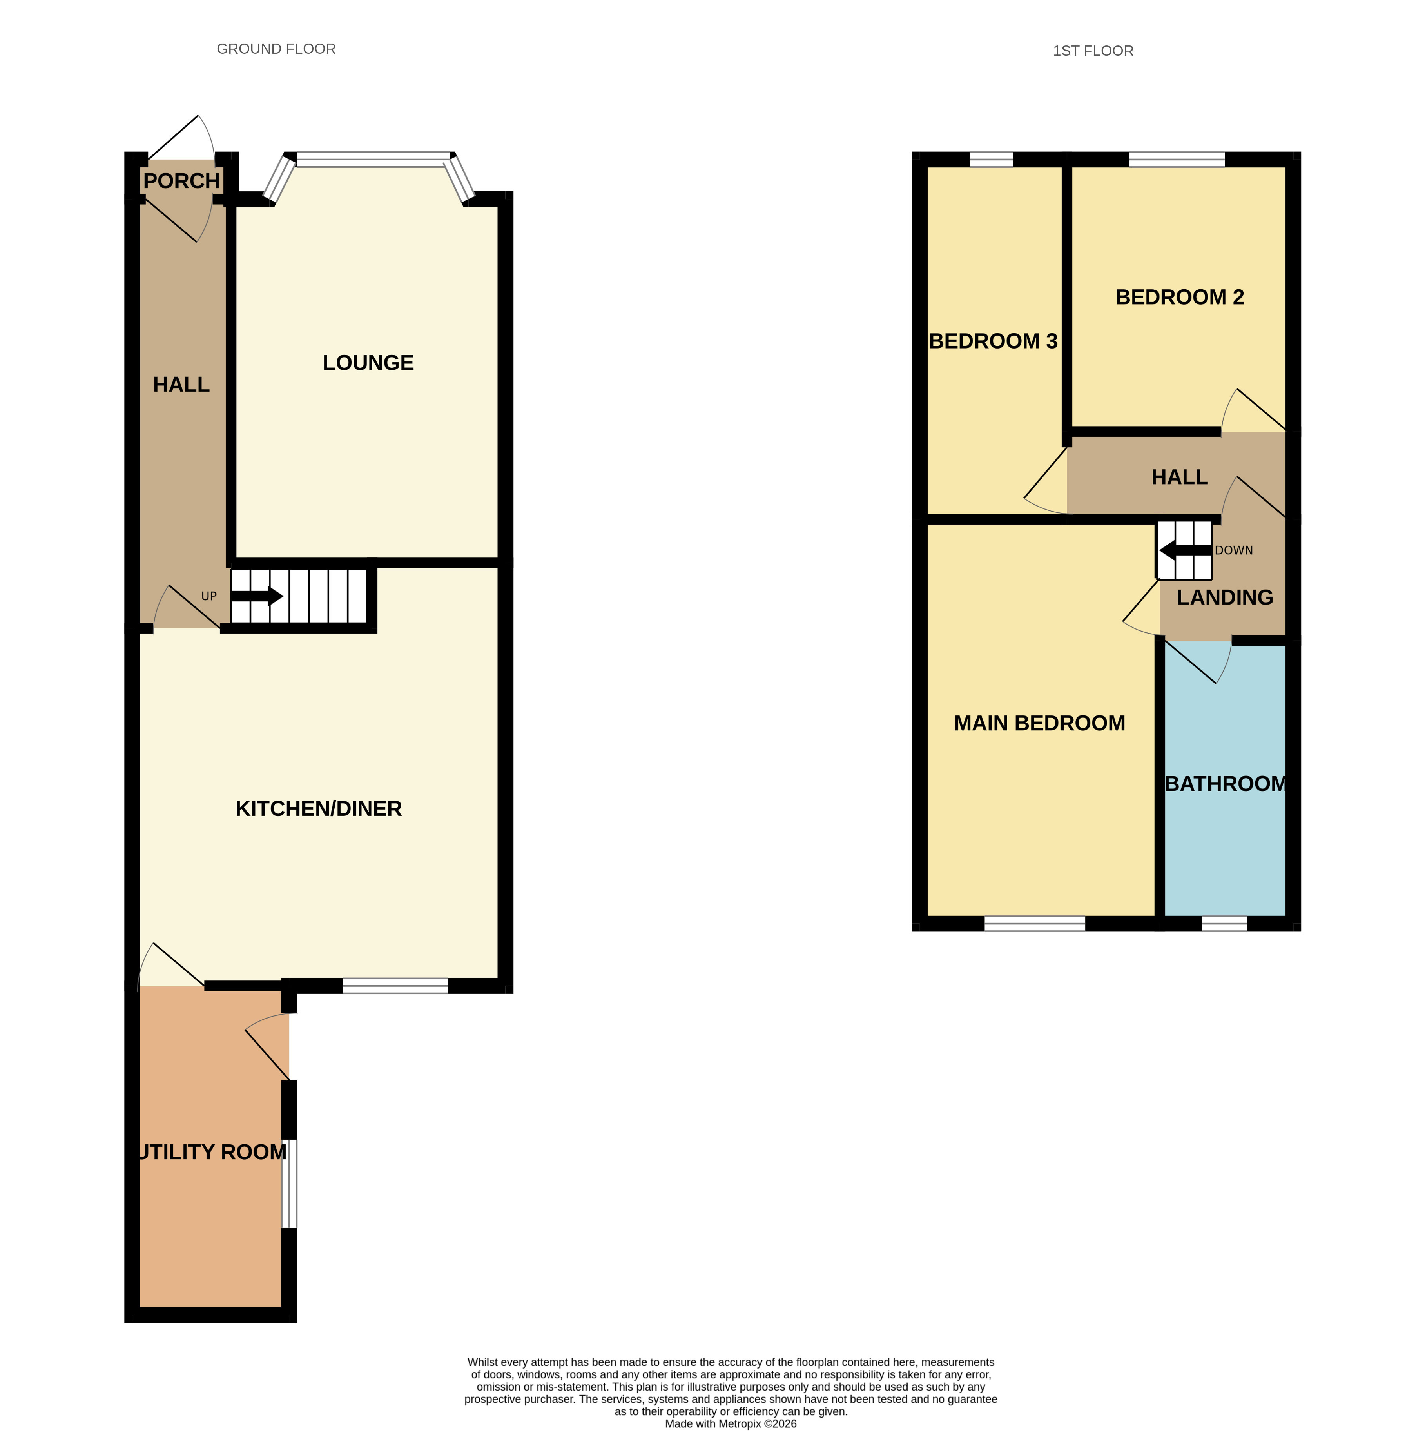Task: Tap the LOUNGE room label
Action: point(368,363)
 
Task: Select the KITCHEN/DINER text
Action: point(319,808)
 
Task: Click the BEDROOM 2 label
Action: point(1180,297)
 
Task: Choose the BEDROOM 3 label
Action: point(993,341)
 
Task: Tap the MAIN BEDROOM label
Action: point(1040,723)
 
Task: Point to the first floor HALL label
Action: point(1180,477)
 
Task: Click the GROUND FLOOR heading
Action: point(276,49)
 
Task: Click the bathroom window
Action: point(1224,924)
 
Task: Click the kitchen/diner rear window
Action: point(395,986)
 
